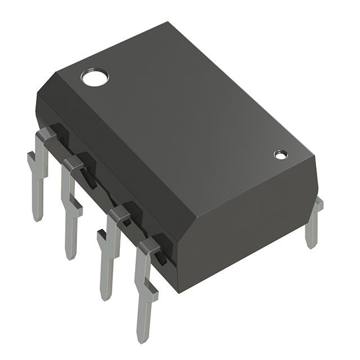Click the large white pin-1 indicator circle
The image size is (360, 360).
[x=94, y=78]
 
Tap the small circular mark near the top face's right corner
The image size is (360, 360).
[x=280, y=154]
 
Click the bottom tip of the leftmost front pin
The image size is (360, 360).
[x=38, y=217]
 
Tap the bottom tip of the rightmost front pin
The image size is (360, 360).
[x=144, y=337]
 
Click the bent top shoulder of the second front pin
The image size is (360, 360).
[x=73, y=164]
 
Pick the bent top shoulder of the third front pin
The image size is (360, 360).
[x=119, y=213]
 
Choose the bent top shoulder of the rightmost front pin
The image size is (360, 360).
[x=150, y=244]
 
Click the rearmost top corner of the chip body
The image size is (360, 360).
[x=169, y=23]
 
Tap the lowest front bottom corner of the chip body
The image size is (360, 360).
[x=179, y=292]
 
